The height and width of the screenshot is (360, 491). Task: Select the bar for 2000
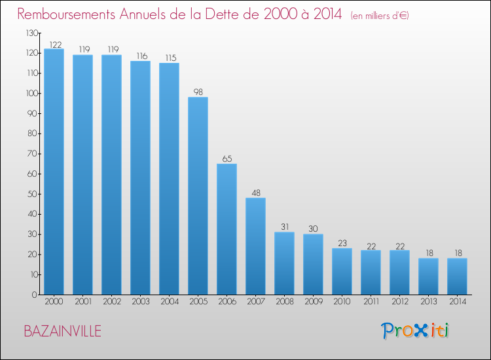[54, 171]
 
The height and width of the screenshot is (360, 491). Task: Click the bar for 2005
[198, 196]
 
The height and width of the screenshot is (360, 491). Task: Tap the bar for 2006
[227, 229]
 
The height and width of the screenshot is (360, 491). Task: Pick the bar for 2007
[255, 246]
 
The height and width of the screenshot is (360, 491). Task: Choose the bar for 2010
[342, 271]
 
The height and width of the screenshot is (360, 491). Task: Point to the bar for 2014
[457, 276]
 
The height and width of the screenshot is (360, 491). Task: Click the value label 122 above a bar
[54, 45]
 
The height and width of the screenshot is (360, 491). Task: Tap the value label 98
[198, 92]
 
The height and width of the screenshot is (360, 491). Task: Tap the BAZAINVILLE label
[63, 331]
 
